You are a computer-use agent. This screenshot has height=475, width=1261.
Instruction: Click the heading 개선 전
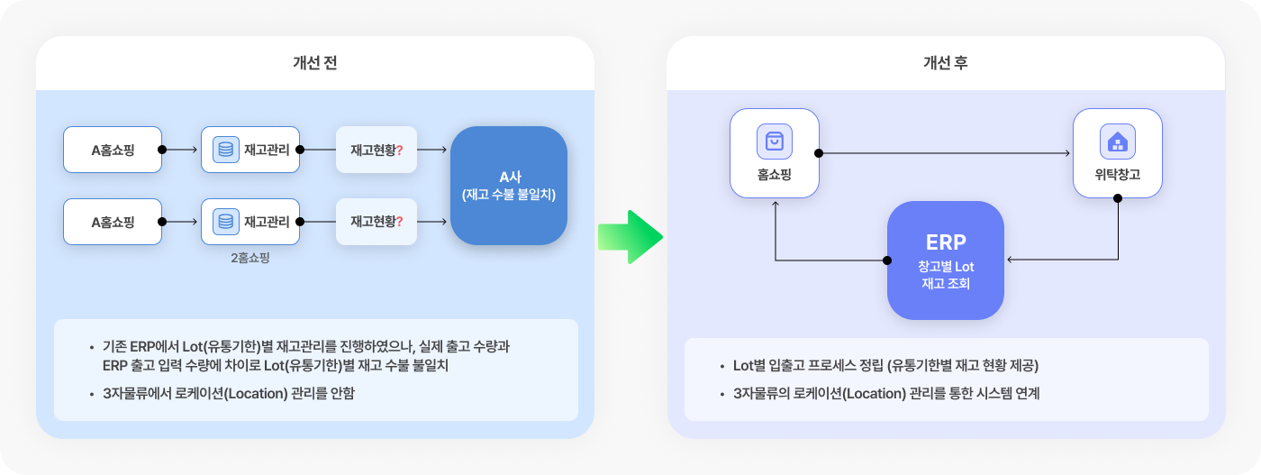314,62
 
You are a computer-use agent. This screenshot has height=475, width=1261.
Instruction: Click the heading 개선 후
945,62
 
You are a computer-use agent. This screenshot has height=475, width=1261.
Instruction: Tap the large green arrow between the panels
630,237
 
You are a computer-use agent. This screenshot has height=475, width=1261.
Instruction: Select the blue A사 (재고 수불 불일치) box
509,186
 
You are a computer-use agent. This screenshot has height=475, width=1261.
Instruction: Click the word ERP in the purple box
946,242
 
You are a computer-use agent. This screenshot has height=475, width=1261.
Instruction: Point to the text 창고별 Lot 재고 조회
946,275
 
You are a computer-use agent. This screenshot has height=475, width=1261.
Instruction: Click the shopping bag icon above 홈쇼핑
775,141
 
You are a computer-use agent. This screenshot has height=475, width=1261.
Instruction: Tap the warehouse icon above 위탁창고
1118,141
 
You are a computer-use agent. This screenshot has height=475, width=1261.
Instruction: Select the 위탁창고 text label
1118,175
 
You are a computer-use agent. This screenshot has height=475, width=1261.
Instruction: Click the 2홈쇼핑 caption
250,258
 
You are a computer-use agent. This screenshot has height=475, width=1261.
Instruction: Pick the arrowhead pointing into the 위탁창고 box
1067,152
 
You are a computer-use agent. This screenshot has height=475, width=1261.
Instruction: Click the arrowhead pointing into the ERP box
1010,260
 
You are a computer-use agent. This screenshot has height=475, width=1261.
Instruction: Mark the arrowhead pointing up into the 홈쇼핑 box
776,204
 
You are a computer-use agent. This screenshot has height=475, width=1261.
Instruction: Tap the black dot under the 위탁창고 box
1118,198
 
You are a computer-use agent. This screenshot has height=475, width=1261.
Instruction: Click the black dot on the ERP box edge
887,260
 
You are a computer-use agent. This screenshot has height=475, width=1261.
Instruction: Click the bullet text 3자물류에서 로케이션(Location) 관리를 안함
229,393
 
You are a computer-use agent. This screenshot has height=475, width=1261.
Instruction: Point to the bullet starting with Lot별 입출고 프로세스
885,366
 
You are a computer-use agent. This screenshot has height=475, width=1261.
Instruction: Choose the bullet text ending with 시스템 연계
886,393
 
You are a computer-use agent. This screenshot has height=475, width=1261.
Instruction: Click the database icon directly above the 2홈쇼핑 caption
226,222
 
